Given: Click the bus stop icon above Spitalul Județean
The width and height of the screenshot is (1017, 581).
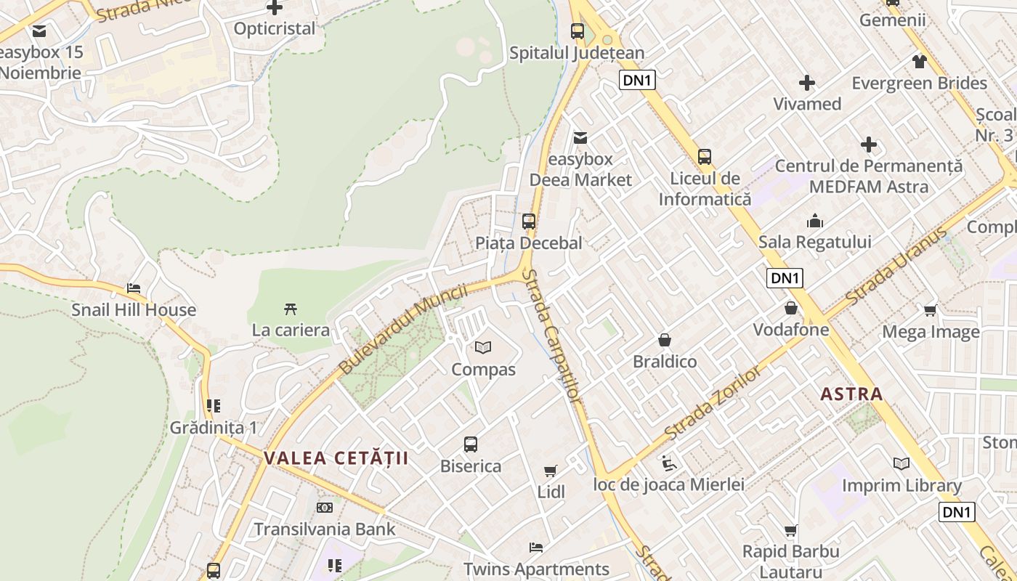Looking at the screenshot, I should [x=578, y=31].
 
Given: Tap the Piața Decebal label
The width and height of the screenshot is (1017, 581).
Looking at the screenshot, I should [x=529, y=243].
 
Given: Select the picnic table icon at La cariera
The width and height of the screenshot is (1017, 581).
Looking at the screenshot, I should [x=291, y=309].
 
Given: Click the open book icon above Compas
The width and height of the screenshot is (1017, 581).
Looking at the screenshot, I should [x=483, y=348].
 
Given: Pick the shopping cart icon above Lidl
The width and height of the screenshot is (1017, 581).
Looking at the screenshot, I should [x=551, y=471].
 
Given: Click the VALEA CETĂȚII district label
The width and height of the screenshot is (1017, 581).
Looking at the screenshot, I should [x=336, y=458].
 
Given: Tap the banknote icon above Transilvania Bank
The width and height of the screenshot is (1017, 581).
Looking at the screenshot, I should [x=325, y=508].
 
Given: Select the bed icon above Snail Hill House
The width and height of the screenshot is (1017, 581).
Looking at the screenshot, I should [x=134, y=288].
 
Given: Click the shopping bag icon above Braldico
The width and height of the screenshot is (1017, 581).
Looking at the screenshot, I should [x=664, y=340].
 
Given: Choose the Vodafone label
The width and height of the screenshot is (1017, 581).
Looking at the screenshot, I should [x=790, y=330].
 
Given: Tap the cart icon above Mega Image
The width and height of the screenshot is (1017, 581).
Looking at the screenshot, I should [x=930, y=311].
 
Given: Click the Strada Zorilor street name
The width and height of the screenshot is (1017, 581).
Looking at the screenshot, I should [x=713, y=403].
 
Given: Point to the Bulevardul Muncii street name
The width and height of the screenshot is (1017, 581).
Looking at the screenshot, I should [x=402, y=330].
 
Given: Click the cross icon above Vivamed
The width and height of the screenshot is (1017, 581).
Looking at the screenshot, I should [x=806, y=83].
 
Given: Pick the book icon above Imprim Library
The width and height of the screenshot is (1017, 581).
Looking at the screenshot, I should [x=901, y=463].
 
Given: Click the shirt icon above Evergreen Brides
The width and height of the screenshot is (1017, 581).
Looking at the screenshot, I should [x=919, y=62].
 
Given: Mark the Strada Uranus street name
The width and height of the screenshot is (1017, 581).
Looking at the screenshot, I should [x=896, y=266].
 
